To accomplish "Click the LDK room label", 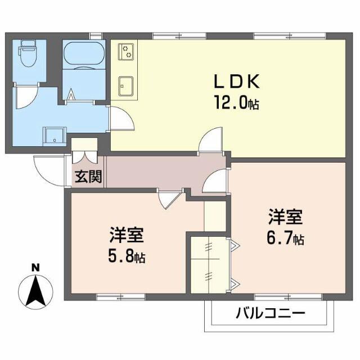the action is tap(237, 81).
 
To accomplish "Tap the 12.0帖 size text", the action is tap(237, 103).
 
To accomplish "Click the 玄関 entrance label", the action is tap(88, 177).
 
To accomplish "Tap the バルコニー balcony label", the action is tap(271, 313).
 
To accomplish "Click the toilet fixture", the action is tap(29, 53).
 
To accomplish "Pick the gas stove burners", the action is tap(126, 52).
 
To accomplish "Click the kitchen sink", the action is tap(126, 86).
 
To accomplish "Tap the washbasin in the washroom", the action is tap(55, 136).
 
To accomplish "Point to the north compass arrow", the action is tap(35, 291).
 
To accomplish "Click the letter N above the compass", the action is tap(35, 268).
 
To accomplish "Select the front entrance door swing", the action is tap(49, 170).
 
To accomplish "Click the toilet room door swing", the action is tap(26, 96).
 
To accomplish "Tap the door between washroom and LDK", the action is tap(121, 118).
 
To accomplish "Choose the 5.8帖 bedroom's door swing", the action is tap(170, 199).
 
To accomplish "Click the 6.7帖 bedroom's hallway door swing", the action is tap(215, 181).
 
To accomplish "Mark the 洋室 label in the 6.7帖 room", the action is tap(285, 216).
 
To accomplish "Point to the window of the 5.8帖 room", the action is tap(121, 297).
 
